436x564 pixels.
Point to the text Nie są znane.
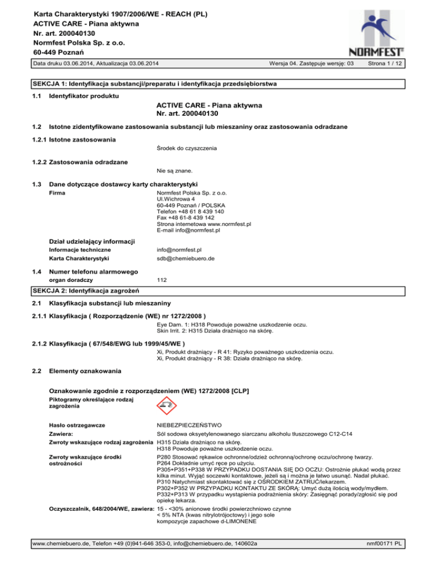(174, 170)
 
